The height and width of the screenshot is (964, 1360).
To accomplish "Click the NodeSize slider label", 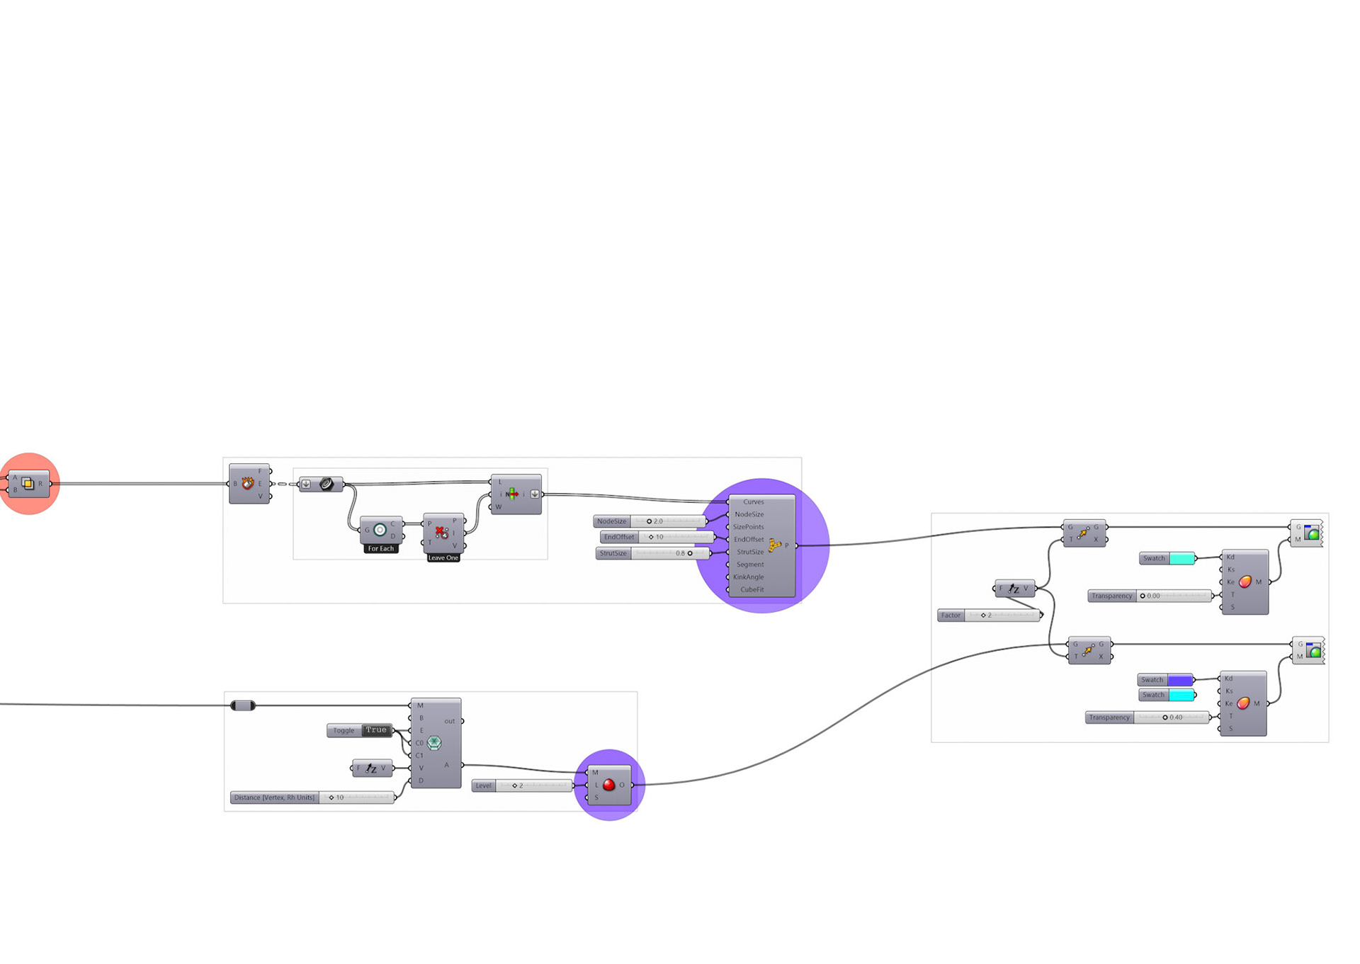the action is [x=611, y=521].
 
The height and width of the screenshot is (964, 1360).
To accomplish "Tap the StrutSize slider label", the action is [x=613, y=553].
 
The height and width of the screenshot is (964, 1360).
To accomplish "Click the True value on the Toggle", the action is [x=376, y=730].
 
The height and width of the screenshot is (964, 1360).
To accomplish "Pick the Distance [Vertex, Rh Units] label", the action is [x=274, y=798].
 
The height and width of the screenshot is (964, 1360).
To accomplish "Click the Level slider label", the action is [x=483, y=786].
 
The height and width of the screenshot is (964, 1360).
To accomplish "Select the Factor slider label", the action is [x=951, y=616].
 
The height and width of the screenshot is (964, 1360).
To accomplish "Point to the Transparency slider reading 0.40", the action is [x=1172, y=718].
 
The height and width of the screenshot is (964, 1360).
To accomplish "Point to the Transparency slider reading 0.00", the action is [x=1174, y=596].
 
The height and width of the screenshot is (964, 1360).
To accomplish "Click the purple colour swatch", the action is [x=1180, y=680].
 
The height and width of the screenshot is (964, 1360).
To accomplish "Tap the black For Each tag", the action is [x=380, y=549].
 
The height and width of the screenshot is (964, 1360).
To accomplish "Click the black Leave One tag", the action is [x=443, y=558].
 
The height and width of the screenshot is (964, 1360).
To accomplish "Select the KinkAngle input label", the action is [x=748, y=577].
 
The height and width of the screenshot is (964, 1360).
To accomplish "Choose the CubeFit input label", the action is [x=752, y=589].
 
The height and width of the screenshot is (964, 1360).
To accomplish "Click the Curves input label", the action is [x=753, y=501].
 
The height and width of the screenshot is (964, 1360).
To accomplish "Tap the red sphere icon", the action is [x=608, y=785].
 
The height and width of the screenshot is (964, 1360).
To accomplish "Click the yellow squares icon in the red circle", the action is [x=28, y=484].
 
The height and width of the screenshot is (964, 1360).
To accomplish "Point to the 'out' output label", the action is [x=449, y=721].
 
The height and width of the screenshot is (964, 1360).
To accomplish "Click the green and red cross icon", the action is [x=512, y=494].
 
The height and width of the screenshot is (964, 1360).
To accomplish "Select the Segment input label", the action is [x=749, y=565].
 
